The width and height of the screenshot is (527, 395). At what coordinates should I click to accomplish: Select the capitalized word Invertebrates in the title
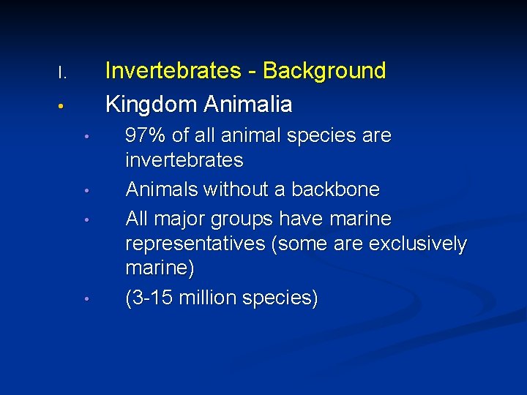pyautogui.click(x=173, y=71)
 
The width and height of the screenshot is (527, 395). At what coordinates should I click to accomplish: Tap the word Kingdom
pyautogui.click(x=152, y=105)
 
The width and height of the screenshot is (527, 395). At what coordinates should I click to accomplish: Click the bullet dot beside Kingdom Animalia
pyautogui.click(x=63, y=107)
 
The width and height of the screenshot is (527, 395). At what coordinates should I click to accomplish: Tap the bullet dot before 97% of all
pyautogui.click(x=86, y=138)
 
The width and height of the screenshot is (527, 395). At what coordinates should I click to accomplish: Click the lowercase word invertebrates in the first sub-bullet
pyautogui.click(x=184, y=159)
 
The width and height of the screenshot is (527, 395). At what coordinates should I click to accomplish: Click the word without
pyautogui.click(x=237, y=190)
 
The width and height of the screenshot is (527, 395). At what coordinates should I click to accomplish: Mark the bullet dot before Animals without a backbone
pyautogui.click(x=86, y=192)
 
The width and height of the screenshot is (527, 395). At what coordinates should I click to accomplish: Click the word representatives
pyautogui.click(x=195, y=244)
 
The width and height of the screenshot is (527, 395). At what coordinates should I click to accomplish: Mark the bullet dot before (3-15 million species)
pyautogui.click(x=86, y=299)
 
